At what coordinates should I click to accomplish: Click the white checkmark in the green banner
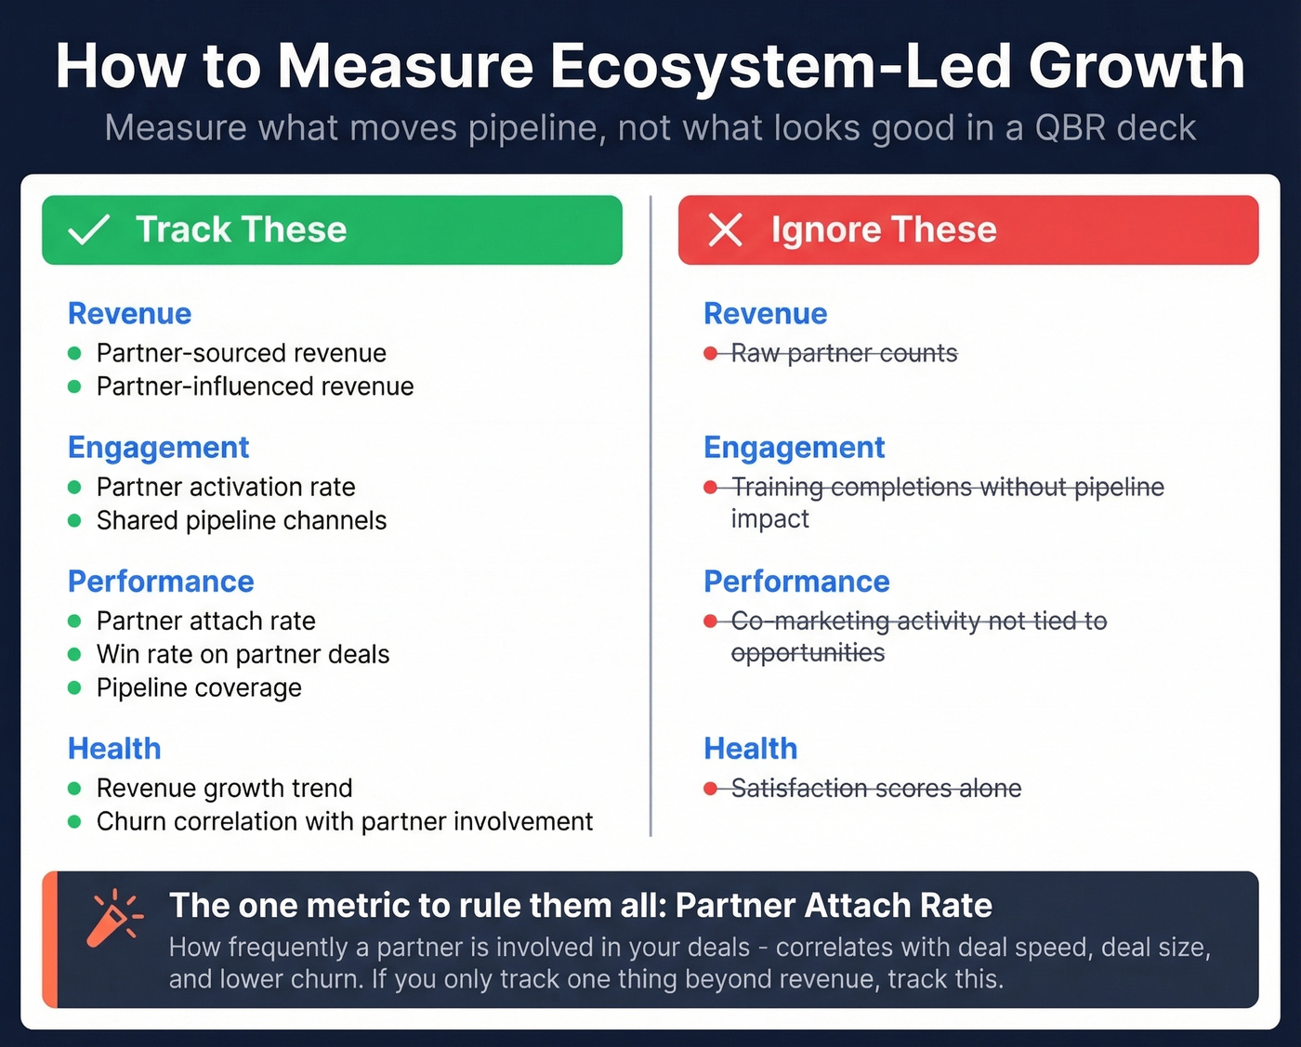click(89, 229)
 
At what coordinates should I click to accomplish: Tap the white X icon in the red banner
click(725, 229)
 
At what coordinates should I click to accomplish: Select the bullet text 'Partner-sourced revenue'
click(241, 353)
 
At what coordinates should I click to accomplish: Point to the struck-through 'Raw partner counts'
click(844, 353)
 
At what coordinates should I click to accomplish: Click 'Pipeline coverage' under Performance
click(199, 687)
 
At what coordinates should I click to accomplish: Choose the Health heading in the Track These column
click(114, 749)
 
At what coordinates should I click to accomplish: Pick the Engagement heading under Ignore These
click(794, 448)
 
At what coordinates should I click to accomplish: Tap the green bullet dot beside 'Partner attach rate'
click(75, 621)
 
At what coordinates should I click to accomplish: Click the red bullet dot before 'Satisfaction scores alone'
click(711, 789)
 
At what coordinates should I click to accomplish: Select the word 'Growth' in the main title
click(1136, 67)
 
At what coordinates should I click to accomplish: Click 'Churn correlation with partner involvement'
click(344, 821)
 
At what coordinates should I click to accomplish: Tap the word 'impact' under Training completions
click(769, 519)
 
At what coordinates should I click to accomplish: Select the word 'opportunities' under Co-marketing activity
click(808, 653)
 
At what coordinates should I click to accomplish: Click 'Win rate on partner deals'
click(243, 654)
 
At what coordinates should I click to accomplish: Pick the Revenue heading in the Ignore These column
click(765, 314)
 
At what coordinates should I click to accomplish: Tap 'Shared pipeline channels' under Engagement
click(241, 520)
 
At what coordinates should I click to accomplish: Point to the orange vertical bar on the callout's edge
click(50, 939)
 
